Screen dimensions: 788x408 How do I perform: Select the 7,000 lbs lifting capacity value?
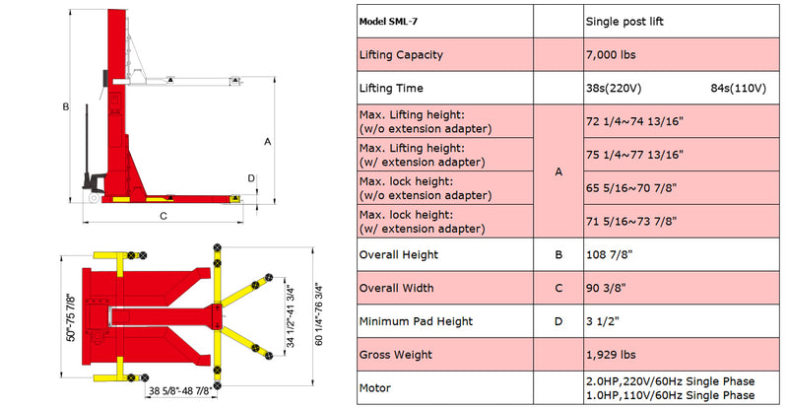coord(611,55)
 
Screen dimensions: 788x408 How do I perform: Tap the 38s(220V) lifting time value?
coord(614,89)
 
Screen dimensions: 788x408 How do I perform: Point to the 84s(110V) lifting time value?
coord(738,89)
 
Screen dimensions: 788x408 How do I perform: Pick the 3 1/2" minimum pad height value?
coord(600,321)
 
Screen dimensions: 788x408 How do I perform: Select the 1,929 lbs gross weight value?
coord(608,355)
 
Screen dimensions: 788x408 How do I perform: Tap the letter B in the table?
coord(558,254)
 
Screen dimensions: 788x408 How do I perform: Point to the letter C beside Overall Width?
coord(558,289)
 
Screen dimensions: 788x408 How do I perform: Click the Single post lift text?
coord(624,22)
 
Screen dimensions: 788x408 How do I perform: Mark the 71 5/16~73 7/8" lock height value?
coord(631,221)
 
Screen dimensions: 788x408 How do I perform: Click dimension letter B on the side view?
coord(65,106)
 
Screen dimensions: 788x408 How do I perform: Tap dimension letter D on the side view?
coord(251,178)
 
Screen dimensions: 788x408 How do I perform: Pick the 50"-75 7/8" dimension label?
coord(71,317)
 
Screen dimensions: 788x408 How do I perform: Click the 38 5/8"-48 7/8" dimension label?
coord(179,390)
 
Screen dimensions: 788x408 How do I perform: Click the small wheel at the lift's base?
coord(94,198)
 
